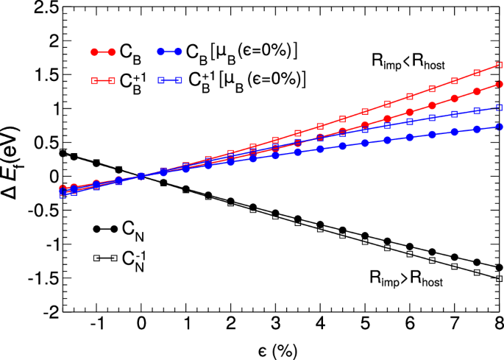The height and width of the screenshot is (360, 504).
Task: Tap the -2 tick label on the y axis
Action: point(48,313)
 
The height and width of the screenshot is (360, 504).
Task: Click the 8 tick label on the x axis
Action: point(499,325)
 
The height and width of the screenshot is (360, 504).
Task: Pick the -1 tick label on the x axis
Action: point(95,325)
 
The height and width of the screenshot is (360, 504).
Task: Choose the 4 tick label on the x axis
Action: point(320,325)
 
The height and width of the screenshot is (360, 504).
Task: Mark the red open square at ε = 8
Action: point(499,66)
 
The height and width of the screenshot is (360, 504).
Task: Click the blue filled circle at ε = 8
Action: point(499,127)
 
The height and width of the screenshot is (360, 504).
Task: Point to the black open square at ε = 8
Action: point(499,278)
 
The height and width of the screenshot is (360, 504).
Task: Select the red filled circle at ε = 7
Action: point(455,99)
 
